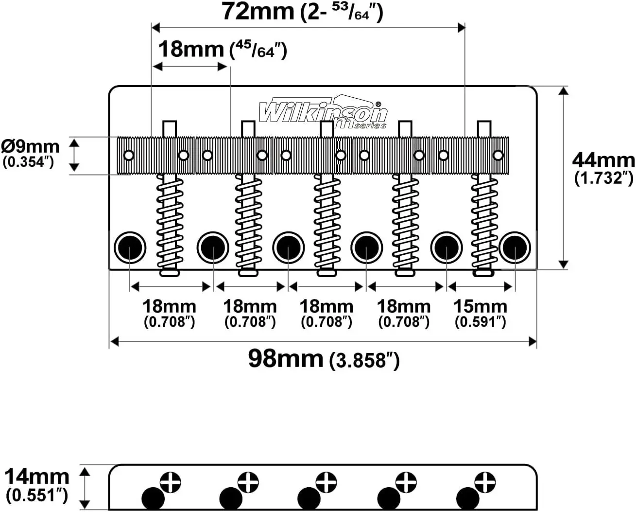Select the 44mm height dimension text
click(603, 161)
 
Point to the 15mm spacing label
click(480, 306)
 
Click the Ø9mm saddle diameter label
click(30, 147)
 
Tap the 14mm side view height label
click(36, 477)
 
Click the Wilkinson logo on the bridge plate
click(323, 112)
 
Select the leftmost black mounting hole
click(130, 247)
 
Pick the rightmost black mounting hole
click(515, 247)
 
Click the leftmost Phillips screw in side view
click(171, 482)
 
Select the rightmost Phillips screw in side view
click(485, 482)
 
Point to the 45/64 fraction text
click(258, 50)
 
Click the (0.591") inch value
click(480, 322)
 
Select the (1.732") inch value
click(604, 178)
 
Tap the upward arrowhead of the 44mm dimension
click(564, 90)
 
